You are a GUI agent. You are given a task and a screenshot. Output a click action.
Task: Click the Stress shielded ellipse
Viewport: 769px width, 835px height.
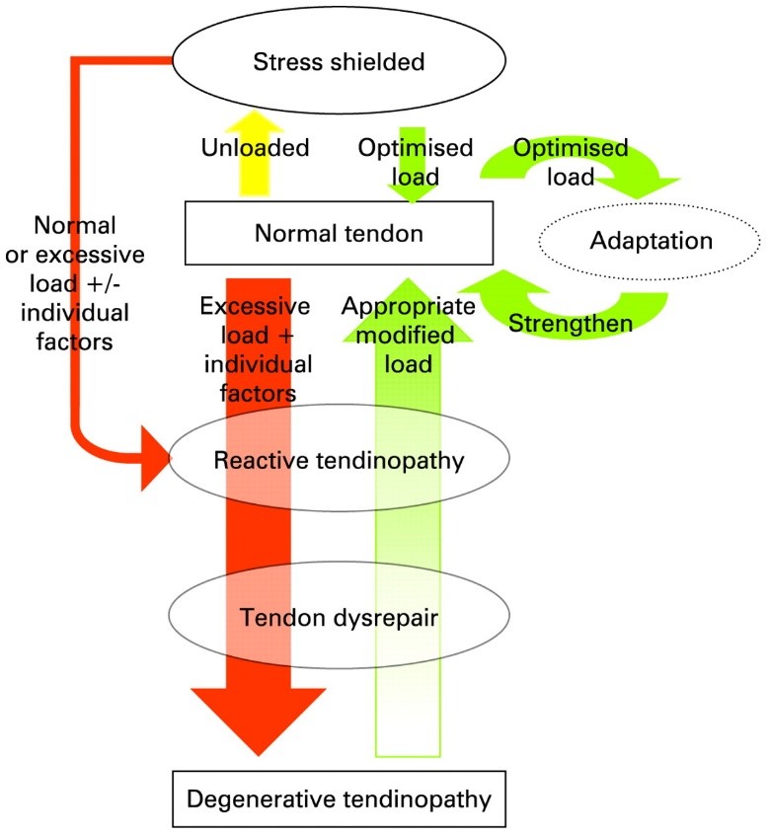(341, 61)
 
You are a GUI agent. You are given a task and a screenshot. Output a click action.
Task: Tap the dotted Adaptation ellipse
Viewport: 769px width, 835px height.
(652, 240)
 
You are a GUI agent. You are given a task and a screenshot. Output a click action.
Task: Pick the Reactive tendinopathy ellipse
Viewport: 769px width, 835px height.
(340, 459)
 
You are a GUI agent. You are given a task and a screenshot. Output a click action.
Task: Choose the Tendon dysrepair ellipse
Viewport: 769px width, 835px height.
(340, 617)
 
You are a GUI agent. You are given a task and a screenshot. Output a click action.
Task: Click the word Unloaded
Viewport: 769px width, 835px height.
(257, 148)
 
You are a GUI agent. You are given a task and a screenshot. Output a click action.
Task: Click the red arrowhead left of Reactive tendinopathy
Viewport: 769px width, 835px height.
(155, 457)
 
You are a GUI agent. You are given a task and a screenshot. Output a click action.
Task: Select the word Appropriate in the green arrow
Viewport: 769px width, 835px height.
(410, 305)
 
